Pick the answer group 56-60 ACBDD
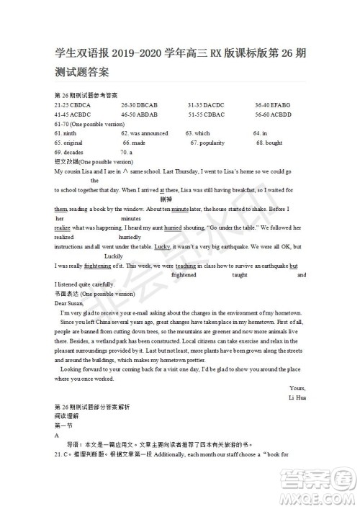273,114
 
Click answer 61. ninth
66,133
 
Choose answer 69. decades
68,153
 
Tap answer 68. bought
269,143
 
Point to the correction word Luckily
114,256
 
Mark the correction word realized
64,237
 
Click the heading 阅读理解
66,416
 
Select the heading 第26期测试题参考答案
86,96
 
